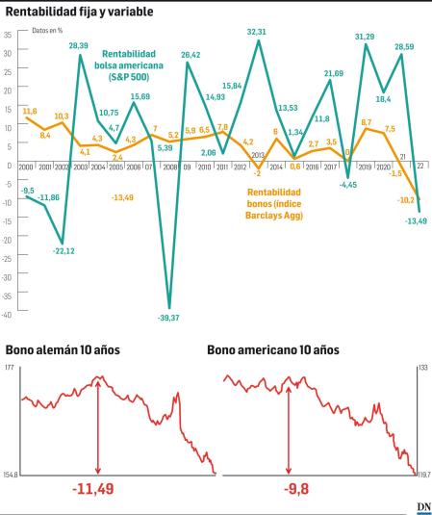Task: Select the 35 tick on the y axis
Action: click(x=8, y=34)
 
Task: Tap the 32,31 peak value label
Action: click(x=257, y=32)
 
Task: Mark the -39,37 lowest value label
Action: click(x=169, y=318)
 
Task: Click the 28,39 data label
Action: click(x=78, y=45)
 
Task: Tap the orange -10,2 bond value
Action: click(x=406, y=199)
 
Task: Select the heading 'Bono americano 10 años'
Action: click(x=272, y=350)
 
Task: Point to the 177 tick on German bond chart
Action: click(x=9, y=369)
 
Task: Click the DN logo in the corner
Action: click(x=422, y=506)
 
